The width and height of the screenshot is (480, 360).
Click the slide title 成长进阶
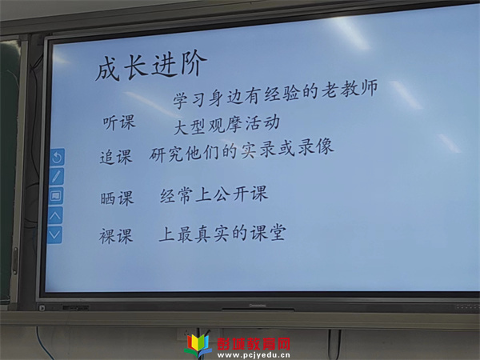(x=151, y=66)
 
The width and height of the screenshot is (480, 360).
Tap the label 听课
(x=118, y=122)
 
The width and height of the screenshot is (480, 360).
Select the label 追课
(x=116, y=157)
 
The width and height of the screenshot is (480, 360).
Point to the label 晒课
(x=117, y=198)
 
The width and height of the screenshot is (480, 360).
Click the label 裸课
(x=116, y=236)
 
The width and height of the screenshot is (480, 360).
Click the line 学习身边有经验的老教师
(x=275, y=94)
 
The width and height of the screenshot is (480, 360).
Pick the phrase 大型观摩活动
(x=226, y=125)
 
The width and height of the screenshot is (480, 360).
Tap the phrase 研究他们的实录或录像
(x=242, y=150)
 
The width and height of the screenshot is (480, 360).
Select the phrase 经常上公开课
(x=214, y=194)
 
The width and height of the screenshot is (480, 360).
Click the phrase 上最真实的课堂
(x=222, y=234)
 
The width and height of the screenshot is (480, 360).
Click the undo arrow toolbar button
(x=58, y=158)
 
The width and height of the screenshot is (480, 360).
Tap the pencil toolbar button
(x=57, y=177)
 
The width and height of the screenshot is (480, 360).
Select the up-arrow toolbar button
(x=55, y=215)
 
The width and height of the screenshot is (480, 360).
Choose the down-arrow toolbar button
(x=54, y=234)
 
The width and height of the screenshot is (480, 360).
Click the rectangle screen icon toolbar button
(x=56, y=196)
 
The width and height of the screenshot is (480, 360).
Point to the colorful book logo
(x=198, y=346)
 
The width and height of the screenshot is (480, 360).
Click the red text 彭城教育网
(x=254, y=344)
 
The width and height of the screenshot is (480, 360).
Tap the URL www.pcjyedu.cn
(x=254, y=355)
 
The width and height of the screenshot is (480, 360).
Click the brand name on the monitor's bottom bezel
(x=258, y=306)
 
